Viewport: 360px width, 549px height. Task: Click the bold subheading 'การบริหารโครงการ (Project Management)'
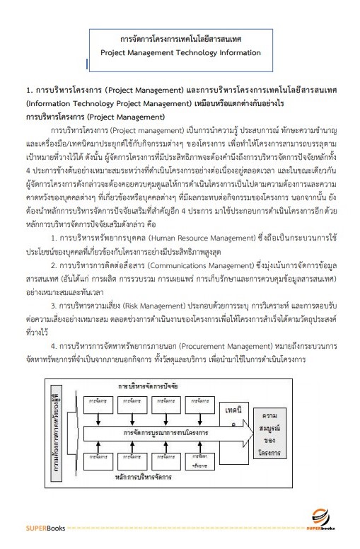click(84, 115)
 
